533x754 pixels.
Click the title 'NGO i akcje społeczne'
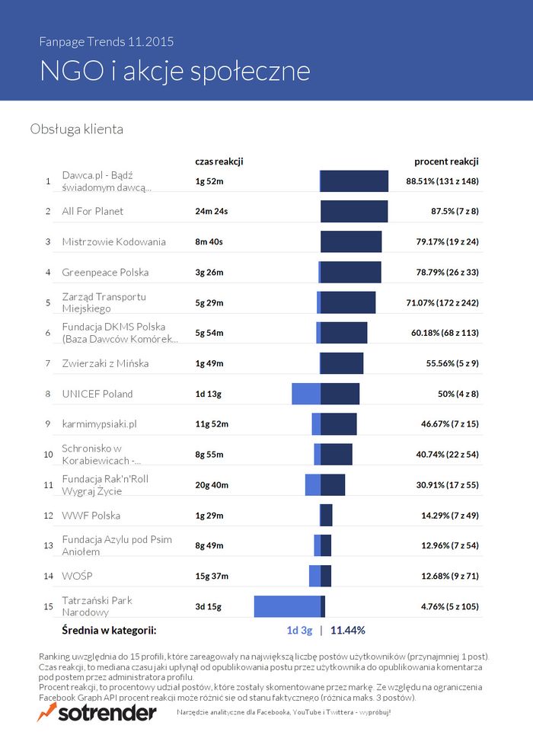(x=174, y=70)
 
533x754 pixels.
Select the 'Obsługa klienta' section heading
(x=76, y=129)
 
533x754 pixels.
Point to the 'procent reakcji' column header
(x=446, y=161)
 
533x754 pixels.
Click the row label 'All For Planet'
(x=92, y=211)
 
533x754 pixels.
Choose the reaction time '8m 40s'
(x=209, y=241)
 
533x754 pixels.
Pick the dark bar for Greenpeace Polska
(x=351, y=272)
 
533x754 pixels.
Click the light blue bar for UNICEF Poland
(x=306, y=394)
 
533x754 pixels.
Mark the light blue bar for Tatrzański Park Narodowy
(x=287, y=606)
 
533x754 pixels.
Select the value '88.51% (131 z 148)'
(x=443, y=181)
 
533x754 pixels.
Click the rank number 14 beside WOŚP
(x=48, y=576)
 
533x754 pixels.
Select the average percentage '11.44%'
(x=348, y=630)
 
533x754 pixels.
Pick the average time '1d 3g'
(x=299, y=630)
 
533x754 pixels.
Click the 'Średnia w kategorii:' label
(x=109, y=630)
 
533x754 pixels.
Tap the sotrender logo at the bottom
(x=97, y=712)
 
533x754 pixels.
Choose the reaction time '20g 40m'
(x=212, y=485)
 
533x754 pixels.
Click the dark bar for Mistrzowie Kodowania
(x=351, y=241)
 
